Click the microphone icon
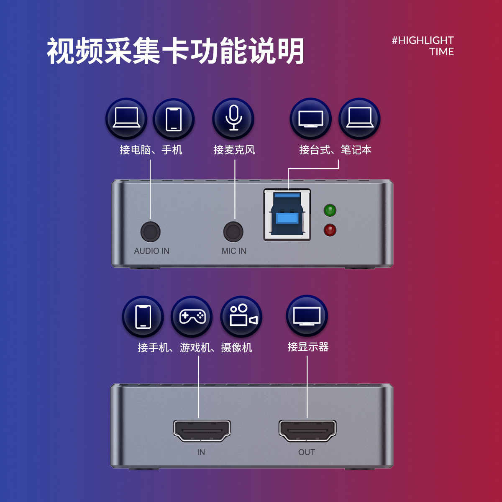(x=233, y=119)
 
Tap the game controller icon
(x=192, y=317)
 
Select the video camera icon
(x=241, y=317)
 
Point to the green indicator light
(x=330, y=210)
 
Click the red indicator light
(x=330, y=230)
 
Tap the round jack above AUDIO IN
(x=150, y=231)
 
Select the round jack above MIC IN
(x=233, y=231)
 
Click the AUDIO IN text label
(x=151, y=251)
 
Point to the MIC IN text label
(x=234, y=251)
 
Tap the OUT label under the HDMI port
(x=307, y=452)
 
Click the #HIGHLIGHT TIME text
(x=423, y=46)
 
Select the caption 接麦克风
(x=234, y=150)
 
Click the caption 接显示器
(x=308, y=347)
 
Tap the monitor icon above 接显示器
(x=307, y=316)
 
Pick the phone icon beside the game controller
(x=143, y=317)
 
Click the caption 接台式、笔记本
(x=335, y=150)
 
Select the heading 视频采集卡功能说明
(x=175, y=51)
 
